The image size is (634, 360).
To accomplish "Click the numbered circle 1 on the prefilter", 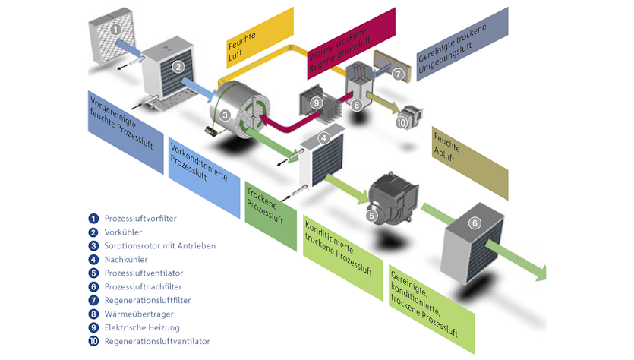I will point(115,30).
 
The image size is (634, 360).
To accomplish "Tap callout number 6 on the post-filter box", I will point(475,223).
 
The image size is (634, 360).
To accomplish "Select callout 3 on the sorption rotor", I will point(226,115).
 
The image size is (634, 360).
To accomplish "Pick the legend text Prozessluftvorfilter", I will point(140,219).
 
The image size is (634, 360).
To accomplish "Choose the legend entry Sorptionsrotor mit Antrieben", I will point(159,246).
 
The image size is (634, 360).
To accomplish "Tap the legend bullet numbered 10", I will point(93,342).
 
